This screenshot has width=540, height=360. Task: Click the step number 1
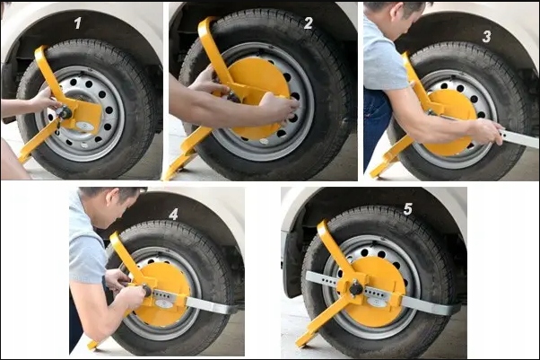click(x=78, y=23)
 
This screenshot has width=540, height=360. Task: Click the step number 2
click(x=309, y=23)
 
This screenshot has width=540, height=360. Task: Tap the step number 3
click(x=486, y=36)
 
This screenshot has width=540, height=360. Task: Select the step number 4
click(x=173, y=215)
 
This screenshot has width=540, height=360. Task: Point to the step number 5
click(x=408, y=208)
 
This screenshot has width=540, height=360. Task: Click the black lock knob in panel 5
click(x=356, y=287)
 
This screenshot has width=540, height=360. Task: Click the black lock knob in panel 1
click(x=65, y=112)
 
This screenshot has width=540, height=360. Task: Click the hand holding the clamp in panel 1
click(x=44, y=100)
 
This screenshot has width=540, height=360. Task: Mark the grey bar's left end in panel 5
click(x=307, y=275)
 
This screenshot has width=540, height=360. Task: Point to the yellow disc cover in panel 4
click(x=161, y=294)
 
